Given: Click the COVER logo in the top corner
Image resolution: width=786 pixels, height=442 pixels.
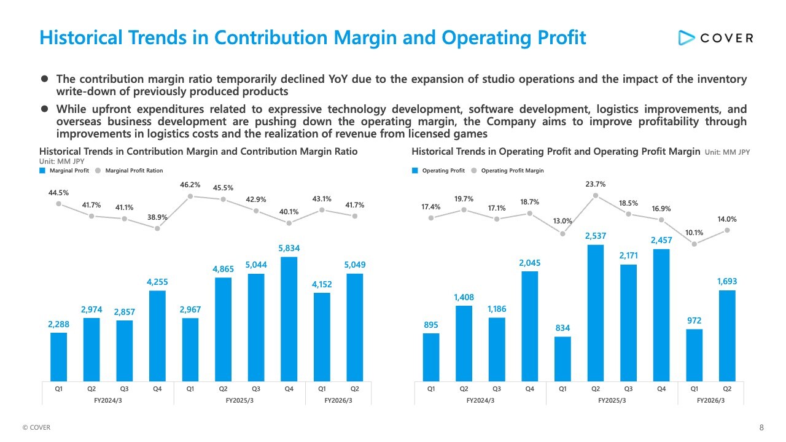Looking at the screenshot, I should (x=715, y=38).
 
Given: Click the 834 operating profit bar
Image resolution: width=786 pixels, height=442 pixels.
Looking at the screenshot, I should (x=562, y=359).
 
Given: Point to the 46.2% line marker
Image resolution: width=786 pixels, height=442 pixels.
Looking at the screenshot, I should (x=190, y=196).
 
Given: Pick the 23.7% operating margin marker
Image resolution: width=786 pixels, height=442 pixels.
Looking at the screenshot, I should (x=595, y=196).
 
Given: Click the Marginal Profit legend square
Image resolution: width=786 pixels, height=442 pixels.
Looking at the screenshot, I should (x=42, y=171).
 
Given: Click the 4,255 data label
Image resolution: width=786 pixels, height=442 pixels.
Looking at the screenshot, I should (x=157, y=282).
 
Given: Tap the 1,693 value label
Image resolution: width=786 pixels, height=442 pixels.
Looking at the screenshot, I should (x=726, y=281).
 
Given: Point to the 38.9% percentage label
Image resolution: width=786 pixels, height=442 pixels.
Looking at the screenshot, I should (x=157, y=217).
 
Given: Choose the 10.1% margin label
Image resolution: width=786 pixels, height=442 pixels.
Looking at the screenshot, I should (x=694, y=232).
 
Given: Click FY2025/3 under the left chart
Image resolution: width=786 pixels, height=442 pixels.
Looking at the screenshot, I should (x=239, y=400).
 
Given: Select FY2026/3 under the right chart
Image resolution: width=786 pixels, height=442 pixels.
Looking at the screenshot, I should (x=710, y=400).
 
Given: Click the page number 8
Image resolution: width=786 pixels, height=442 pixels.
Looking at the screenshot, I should (x=761, y=428).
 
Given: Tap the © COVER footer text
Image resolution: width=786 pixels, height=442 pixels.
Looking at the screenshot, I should (x=36, y=428).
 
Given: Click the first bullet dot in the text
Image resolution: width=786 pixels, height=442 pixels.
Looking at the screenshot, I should (x=44, y=79).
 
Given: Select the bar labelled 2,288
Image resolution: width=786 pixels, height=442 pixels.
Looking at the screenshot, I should (x=58, y=357).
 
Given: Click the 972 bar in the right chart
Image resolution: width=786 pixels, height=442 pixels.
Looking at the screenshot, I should (x=694, y=355).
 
